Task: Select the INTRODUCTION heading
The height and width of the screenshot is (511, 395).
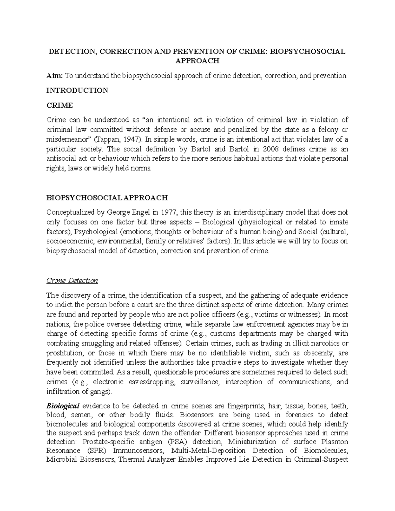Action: click(x=77, y=90)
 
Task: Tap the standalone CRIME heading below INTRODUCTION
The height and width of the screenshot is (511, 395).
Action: click(x=60, y=105)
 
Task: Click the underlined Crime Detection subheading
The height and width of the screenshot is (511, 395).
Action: click(x=72, y=281)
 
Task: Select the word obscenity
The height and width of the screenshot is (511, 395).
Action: click(x=315, y=353)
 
